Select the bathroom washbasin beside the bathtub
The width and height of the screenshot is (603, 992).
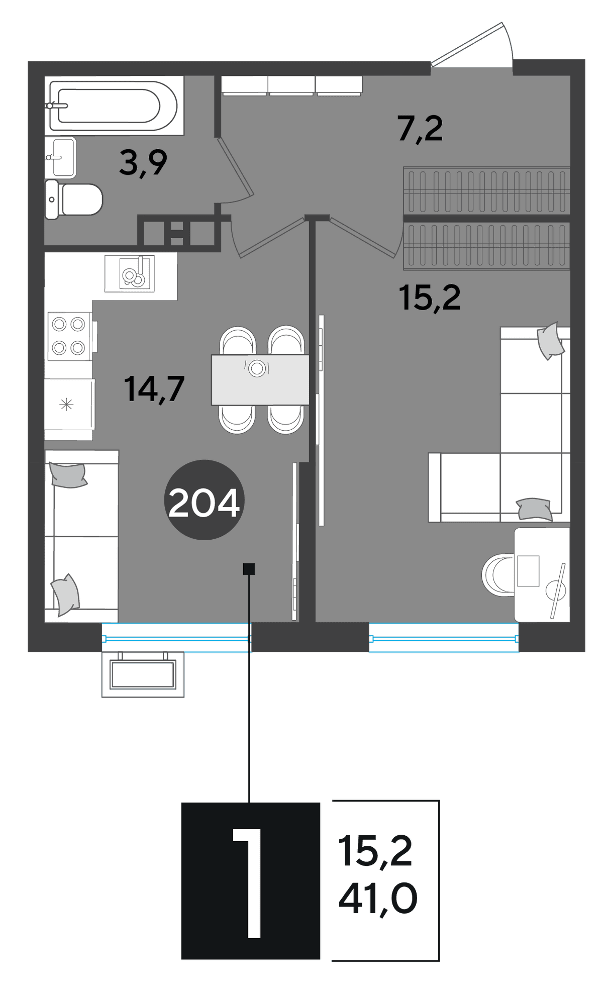pos(60,158)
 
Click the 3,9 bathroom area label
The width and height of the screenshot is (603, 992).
pos(143,163)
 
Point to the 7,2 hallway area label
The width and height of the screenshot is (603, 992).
pos(420,129)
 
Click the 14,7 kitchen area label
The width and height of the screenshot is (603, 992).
pos(154,389)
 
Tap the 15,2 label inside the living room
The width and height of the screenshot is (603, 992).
pos(430,297)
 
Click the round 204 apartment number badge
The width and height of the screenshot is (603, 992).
pos(204,500)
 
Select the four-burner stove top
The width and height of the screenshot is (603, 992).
pos(69,336)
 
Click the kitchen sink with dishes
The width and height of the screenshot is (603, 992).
pos(130,273)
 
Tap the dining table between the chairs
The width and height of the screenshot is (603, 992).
pos(260,379)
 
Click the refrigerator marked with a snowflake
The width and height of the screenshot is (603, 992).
pos(69,404)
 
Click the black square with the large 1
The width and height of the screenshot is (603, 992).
pos(251,880)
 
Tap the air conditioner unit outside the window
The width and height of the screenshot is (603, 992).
pos(143,674)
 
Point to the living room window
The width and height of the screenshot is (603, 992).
pos(444,638)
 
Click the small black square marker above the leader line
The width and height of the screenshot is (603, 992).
pos(249,569)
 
